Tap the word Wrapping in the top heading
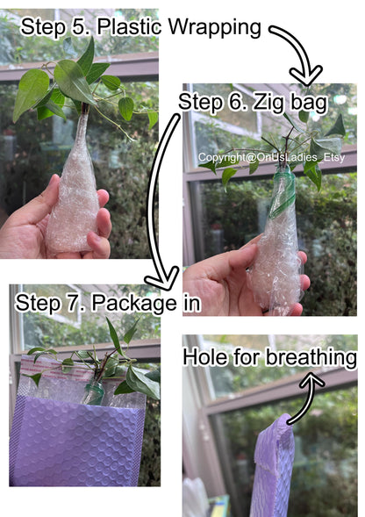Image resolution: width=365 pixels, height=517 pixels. pos(215,28)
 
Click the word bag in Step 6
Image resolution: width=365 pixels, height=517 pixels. pos(309,103)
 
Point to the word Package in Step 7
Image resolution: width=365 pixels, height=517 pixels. pos(134,304)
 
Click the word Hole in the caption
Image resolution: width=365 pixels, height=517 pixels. pos(204,357)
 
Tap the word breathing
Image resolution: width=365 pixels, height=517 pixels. pos(311,358)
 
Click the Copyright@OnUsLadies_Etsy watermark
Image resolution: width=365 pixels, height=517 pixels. pos(271,157)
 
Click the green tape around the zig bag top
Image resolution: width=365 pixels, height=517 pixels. pos(283,195)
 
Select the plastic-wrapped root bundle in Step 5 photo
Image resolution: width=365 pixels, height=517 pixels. pos(74,184)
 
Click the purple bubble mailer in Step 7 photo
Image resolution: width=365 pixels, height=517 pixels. pos(78,440)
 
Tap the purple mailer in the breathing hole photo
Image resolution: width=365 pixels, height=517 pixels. pos(272,468)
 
